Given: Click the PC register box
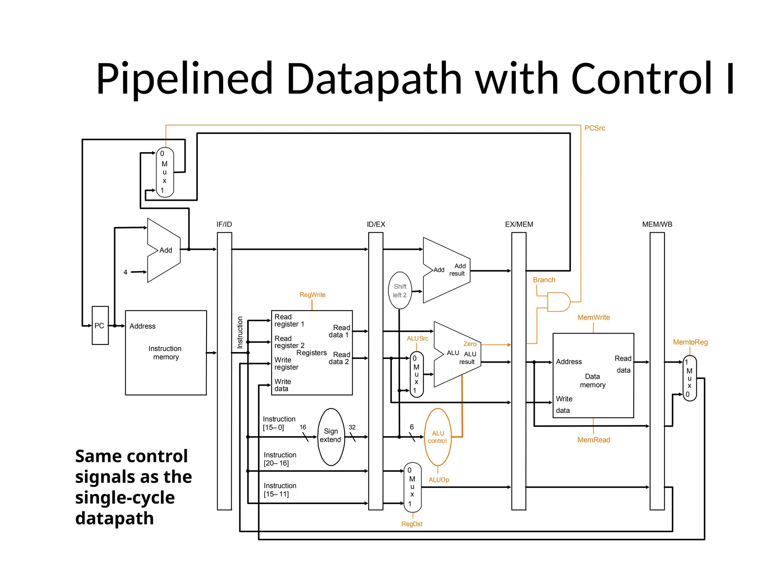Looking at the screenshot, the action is point(100,325).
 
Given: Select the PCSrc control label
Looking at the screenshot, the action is point(595,128).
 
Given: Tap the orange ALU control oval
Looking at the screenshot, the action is point(437,437).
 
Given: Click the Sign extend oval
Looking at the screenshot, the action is point(331,436).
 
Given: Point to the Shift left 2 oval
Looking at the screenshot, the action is point(400,290).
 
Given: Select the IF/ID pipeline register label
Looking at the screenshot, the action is point(224,224).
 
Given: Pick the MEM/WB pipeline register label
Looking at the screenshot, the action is point(657,224).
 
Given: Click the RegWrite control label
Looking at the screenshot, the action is point(312,295).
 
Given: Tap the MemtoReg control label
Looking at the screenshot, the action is point(690,342).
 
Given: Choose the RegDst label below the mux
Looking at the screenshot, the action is point(412,524).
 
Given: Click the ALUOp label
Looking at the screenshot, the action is point(439,480).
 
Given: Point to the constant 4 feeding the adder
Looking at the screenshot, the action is point(126,272).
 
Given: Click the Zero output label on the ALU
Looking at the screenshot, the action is point(470,344).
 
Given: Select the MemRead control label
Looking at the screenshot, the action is point(593,440).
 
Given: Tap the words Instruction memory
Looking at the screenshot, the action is point(165,353).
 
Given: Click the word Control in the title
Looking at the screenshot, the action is point(641,79).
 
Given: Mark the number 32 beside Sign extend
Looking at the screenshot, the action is point(352,427).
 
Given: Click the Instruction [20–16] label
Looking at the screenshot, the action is point(280,459).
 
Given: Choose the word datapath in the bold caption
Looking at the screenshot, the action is point(114,518).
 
